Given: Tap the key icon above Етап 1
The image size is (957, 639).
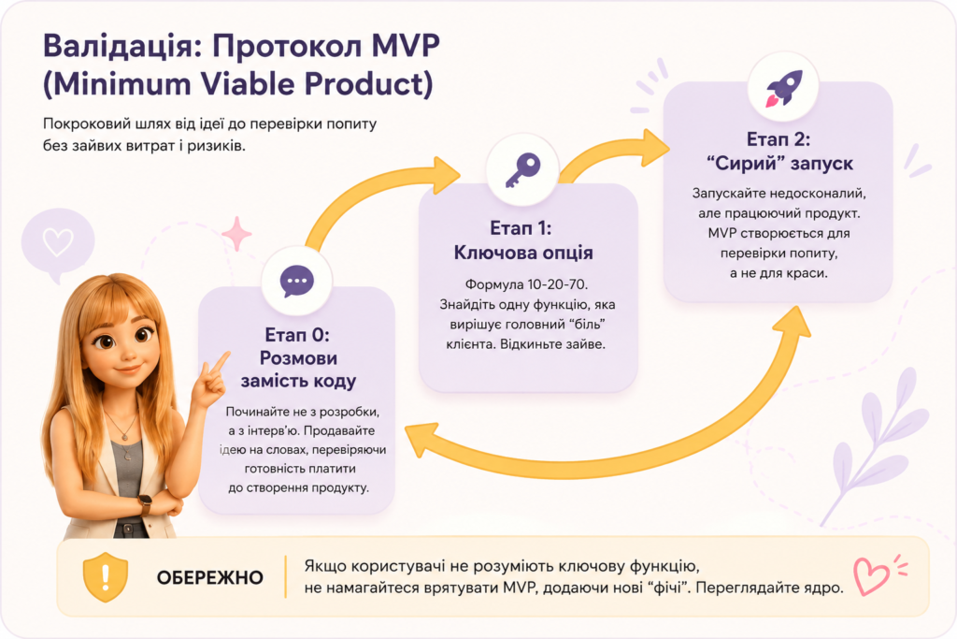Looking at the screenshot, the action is click(523, 169).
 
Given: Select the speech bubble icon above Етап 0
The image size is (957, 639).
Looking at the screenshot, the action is click(297, 282).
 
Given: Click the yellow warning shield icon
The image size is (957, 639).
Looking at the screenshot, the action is click(106, 576).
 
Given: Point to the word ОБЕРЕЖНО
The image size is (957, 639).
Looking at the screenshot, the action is click(210, 577).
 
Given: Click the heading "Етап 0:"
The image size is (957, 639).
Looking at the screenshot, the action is click(297, 334).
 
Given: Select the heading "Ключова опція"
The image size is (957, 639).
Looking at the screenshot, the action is click(523, 253).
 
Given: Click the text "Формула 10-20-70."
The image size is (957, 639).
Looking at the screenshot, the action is click(526, 284).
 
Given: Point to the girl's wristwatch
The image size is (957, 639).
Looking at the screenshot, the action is click(145, 504).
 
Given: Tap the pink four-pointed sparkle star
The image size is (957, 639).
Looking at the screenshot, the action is click(236, 234).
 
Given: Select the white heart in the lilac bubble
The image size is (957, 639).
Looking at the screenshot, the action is click(58, 242).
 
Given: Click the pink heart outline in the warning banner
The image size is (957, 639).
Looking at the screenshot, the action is click(870, 576).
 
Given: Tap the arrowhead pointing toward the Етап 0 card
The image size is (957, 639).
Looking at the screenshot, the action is click(421, 441).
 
